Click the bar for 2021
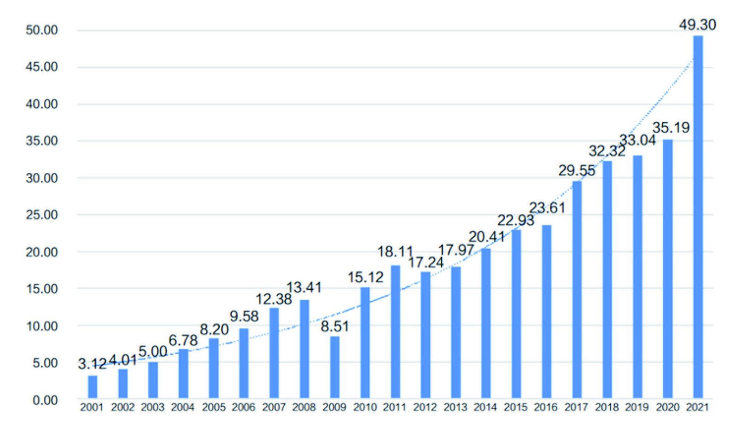[x=698, y=216]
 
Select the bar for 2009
[x=335, y=367]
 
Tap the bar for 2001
[x=93, y=386]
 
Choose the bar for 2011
[x=395, y=332]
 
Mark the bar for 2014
[x=486, y=323]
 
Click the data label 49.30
[x=697, y=25]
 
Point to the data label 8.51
[x=335, y=327]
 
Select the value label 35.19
[x=671, y=128]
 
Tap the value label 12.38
[x=274, y=299]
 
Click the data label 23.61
[x=547, y=208]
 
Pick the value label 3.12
[x=92, y=364]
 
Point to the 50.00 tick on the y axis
[x=42, y=30]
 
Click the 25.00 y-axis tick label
[x=42, y=215]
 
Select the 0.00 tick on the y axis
[x=45, y=400]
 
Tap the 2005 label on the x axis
[x=214, y=408]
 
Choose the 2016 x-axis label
[x=546, y=408]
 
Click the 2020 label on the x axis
[x=667, y=408]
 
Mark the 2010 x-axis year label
[x=365, y=408]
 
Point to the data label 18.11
[x=395, y=252]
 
